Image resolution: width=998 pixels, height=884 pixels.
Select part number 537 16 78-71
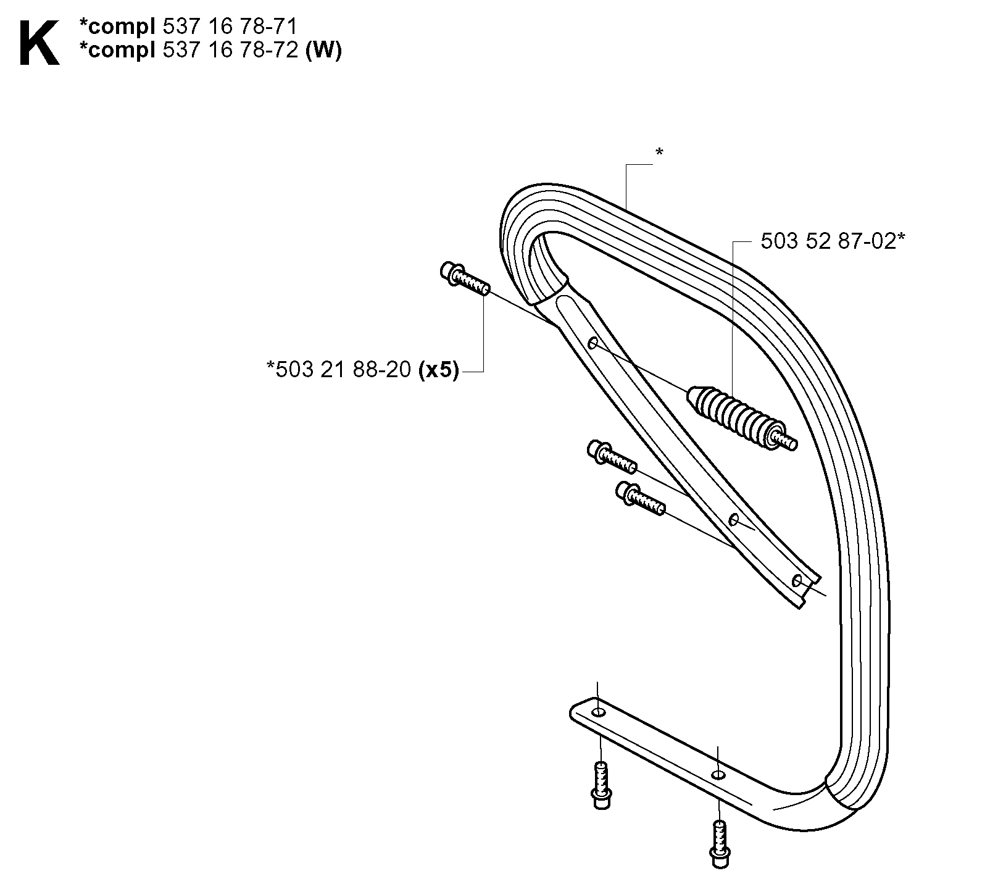(x=230, y=27)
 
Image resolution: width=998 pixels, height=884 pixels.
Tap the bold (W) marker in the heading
(x=323, y=50)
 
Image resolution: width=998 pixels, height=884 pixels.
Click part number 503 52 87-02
(x=827, y=241)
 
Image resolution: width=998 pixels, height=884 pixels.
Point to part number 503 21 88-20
(x=343, y=370)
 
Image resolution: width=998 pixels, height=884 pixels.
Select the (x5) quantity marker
(x=438, y=370)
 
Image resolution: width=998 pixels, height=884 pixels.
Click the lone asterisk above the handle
(x=659, y=152)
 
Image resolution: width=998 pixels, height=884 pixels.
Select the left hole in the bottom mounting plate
(x=597, y=714)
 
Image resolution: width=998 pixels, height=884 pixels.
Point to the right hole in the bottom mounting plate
(x=717, y=774)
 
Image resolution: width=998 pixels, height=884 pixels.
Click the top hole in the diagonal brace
(x=593, y=343)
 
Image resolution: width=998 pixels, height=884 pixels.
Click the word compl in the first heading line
(x=122, y=28)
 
